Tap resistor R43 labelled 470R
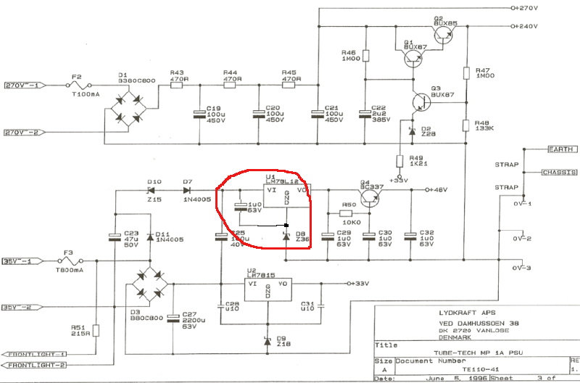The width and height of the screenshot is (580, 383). click(176, 85)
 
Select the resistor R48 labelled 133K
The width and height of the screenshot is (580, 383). click(467, 125)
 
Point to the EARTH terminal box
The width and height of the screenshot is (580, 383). click(560, 149)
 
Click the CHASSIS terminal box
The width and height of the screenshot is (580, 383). click(559, 172)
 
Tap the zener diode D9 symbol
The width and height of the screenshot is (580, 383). click(269, 340)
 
